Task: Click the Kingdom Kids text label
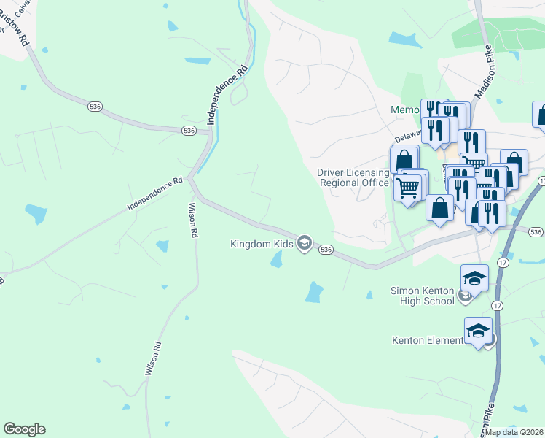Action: pyautogui.click(x=262, y=244)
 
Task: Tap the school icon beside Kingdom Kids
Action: pyautogui.click(x=305, y=244)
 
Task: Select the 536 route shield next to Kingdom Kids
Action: pyautogui.click(x=326, y=250)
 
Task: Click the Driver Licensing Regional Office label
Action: pyautogui.click(x=353, y=177)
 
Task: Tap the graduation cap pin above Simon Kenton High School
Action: pyautogui.click(x=474, y=278)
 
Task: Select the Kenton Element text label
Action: pyautogui.click(x=428, y=340)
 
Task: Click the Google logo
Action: pyautogui.click(x=24, y=429)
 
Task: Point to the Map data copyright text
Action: pyautogui.click(x=514, y=432)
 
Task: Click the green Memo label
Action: pyautogui.click(x=405, y=110)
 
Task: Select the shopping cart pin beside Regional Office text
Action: pyautogui.click(x=408, y=187)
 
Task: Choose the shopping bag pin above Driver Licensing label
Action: pyautogui.click(x=404, y=159)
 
